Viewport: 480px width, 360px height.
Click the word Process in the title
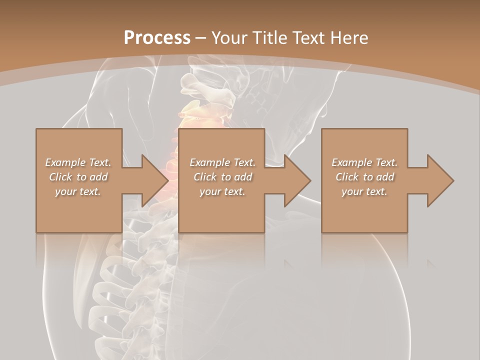click(157, 38)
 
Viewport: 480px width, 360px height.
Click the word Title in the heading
click(269, 38)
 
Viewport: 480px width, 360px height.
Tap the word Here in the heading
click(348, 38)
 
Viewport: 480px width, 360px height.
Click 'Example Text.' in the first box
click(78, 162)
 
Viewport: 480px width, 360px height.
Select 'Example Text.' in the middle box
click(222, 162)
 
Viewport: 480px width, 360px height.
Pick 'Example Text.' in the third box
click(364, 162)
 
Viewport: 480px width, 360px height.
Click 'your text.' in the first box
click(78, 191)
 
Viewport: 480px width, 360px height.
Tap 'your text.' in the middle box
click(222, 191)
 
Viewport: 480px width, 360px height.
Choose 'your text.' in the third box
click(364, 191)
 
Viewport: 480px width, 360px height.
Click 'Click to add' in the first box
click(78, 177)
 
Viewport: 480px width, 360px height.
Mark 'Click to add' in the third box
click(364, 177)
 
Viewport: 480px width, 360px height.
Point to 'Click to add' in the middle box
click(222, 177)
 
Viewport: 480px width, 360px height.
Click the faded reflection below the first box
click(78, 247)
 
